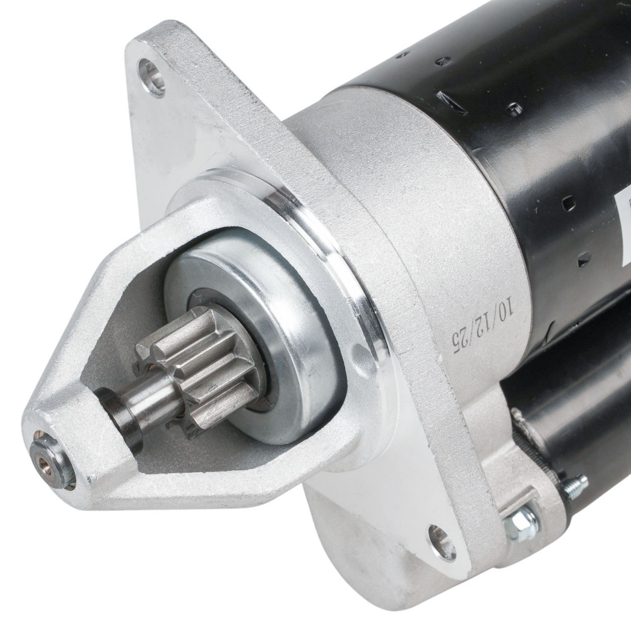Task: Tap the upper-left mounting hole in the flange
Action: pos(151,78)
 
